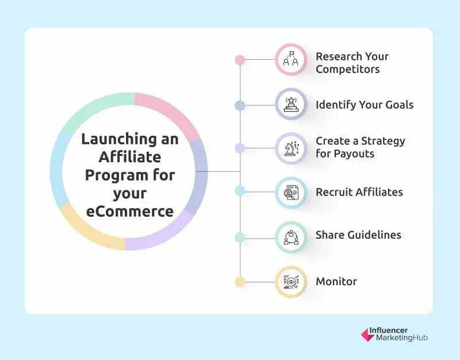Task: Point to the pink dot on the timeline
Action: tap(240, 60)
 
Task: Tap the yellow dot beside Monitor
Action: tap(240, 282)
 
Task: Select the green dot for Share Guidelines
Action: tap(240, 237)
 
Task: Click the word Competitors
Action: tap(348, 70)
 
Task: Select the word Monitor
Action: tap(336, 282)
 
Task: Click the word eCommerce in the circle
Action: tap(129, 212)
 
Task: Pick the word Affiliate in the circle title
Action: tap(129, 157)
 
